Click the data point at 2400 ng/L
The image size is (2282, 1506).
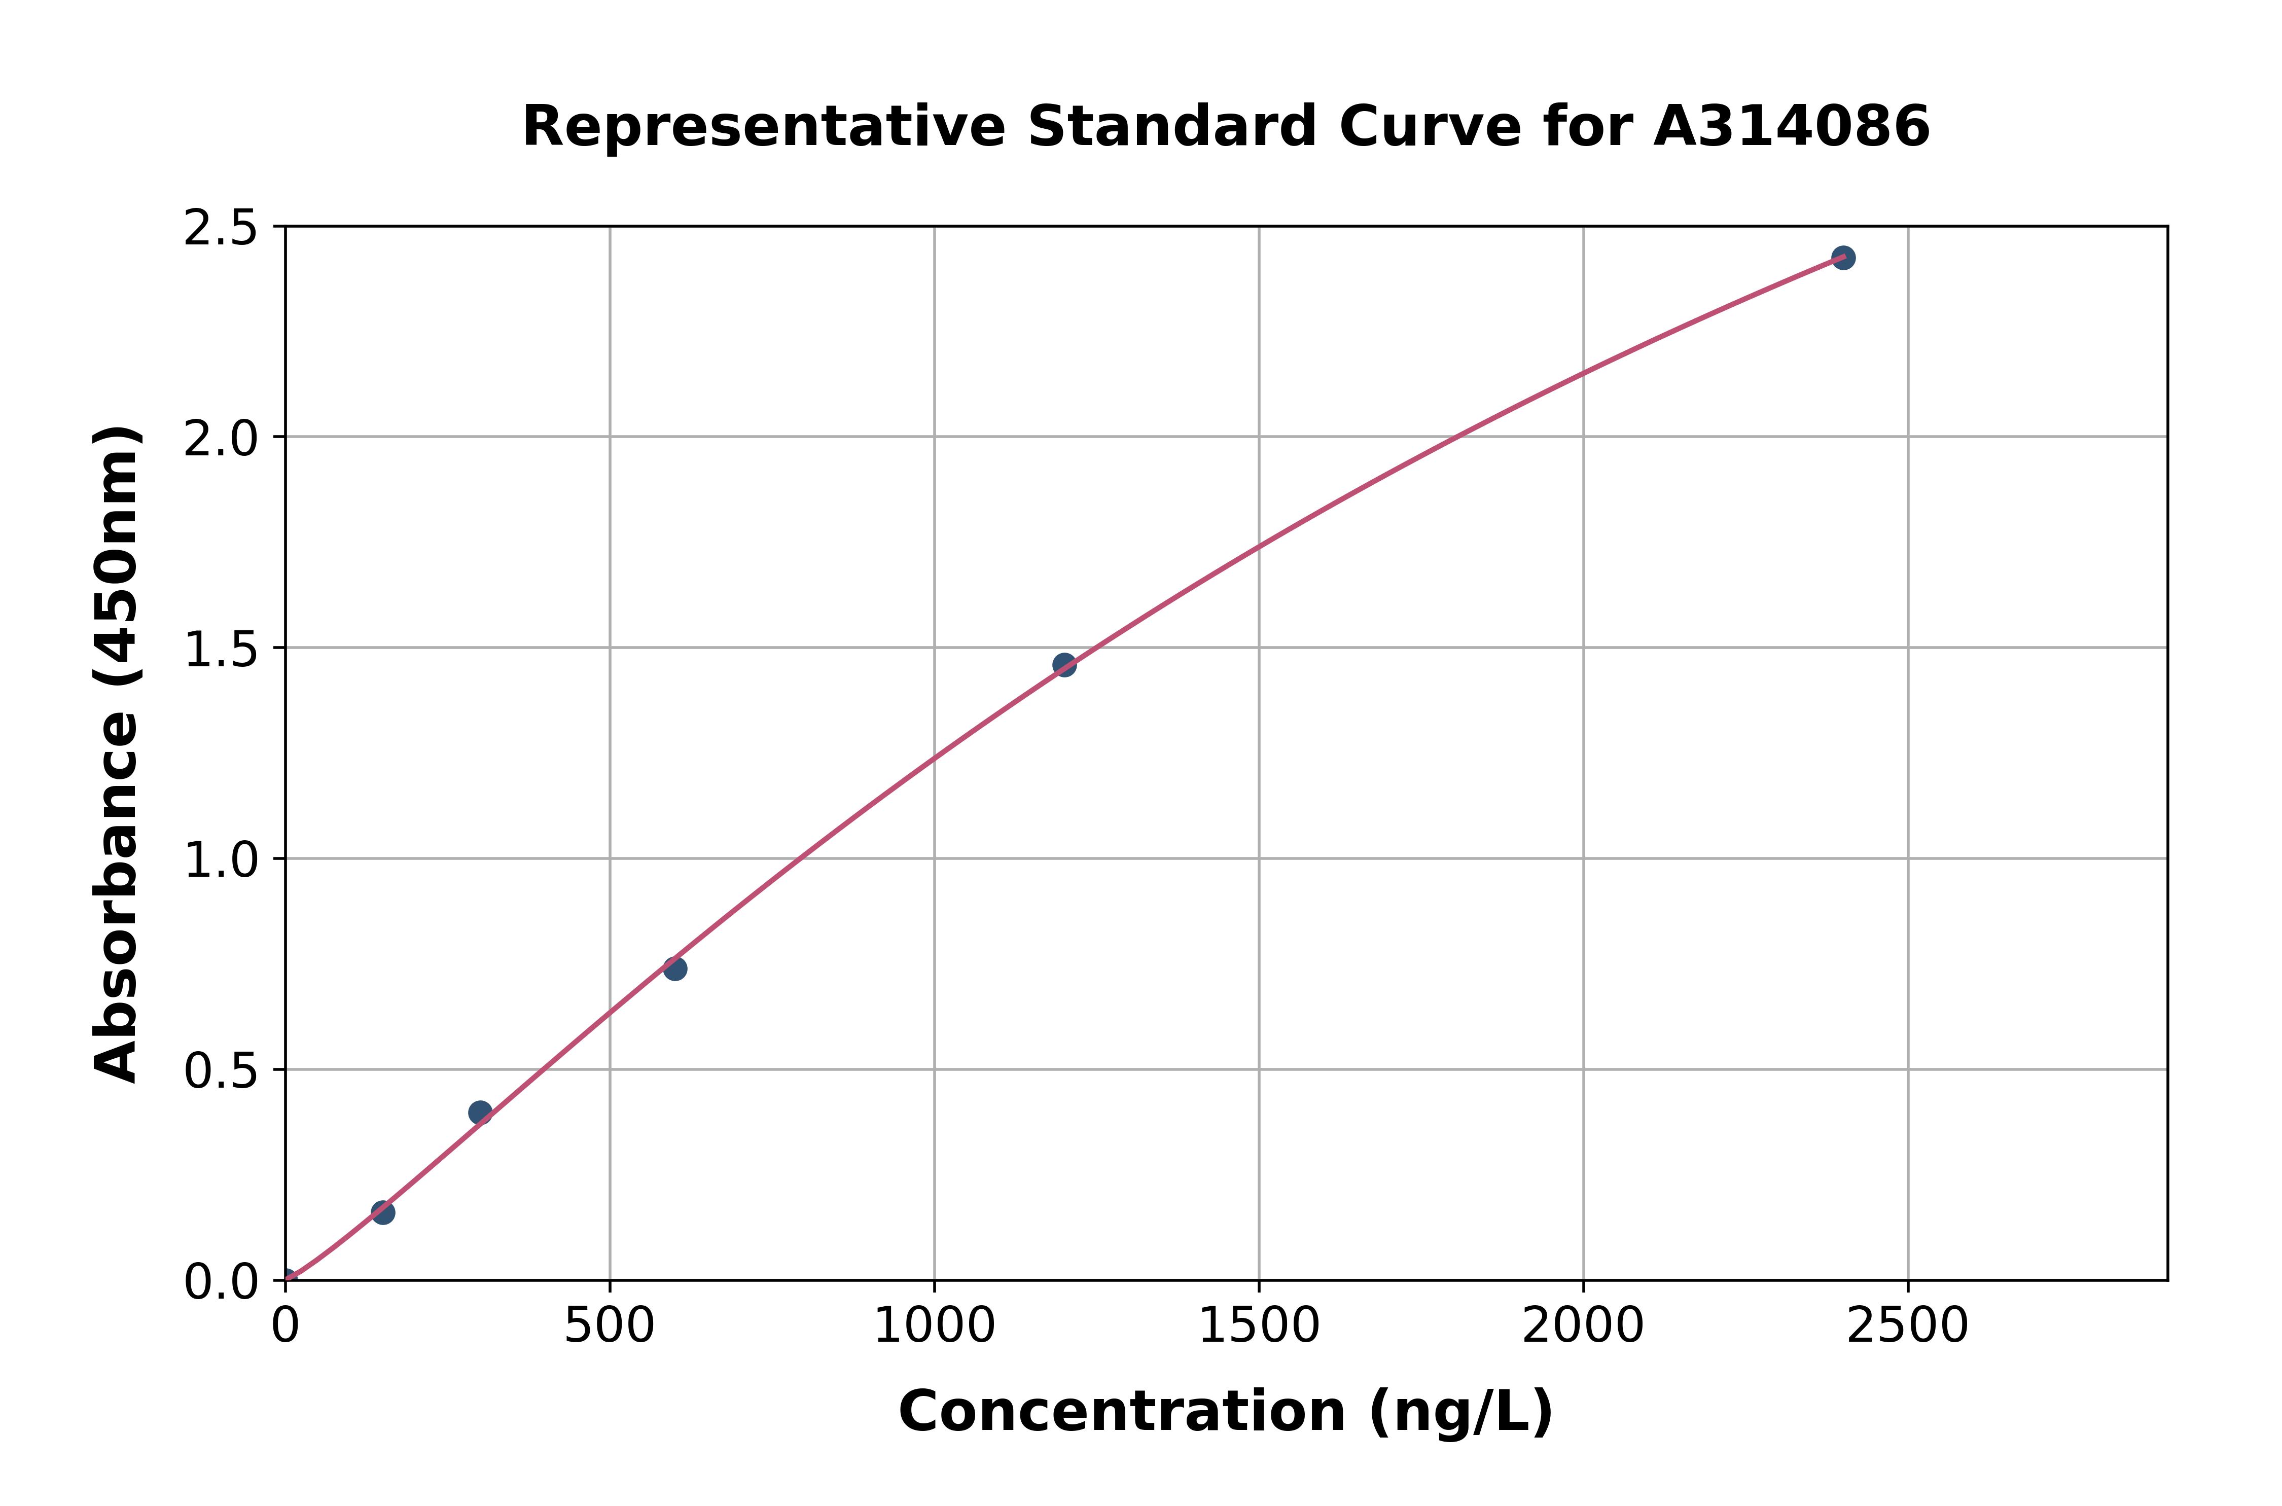1842,258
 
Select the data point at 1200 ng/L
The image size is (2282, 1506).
1064,665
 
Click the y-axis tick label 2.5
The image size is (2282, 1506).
221,229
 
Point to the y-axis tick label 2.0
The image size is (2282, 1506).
221,439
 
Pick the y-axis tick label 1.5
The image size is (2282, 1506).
221,649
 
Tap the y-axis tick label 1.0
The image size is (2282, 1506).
221,859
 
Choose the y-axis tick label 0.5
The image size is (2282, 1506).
221,1070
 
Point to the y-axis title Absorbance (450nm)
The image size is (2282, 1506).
117,754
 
